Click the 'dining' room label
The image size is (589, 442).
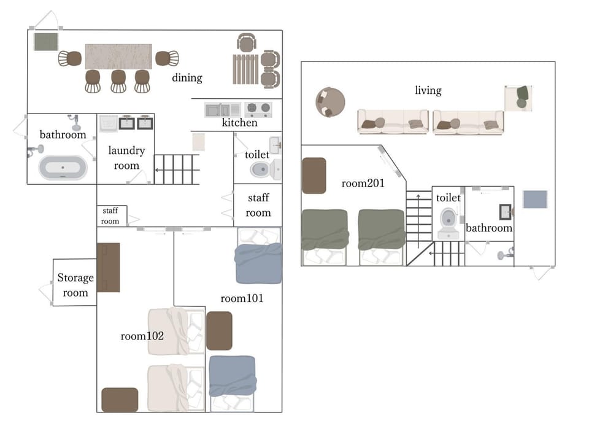pos(187,78)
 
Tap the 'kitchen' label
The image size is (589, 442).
pos(240,123)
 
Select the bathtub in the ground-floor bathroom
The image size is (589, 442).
pos(63,167)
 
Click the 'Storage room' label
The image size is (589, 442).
pos(75,285)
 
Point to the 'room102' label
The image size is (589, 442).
pos(142,336)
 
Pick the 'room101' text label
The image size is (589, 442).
pos(242,298)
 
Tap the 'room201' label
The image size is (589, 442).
pos(363,184)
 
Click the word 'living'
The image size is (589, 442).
pos(428,91)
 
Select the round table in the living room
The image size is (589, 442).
pos(330,103)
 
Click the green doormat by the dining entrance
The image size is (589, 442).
pos(46,42)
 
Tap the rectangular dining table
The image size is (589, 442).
pos(118,56)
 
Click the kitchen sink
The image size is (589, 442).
pos(217,110)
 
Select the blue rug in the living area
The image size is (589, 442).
pos(535,199)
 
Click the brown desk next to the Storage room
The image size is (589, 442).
pos(109,268)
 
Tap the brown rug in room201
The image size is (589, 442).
pos(314,176)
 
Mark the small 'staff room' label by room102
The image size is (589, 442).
pos(110,216)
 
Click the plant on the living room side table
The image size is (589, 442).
pos(522,97)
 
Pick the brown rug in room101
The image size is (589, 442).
pos(220,331)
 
